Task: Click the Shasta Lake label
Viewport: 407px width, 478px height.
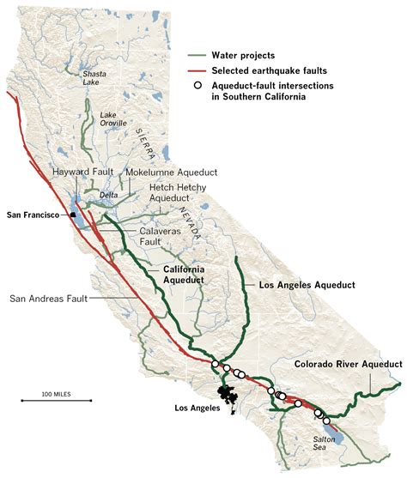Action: [94, 79]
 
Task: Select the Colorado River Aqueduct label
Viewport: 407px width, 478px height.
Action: [348, 364]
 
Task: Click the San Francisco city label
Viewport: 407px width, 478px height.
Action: [36, 213]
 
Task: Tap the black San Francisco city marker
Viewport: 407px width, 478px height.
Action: [74, 215]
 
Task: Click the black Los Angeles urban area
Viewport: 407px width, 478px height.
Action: [228, 396]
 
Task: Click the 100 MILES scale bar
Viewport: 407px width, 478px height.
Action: [56, 400]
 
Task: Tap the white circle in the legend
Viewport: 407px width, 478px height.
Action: [197, 85]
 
